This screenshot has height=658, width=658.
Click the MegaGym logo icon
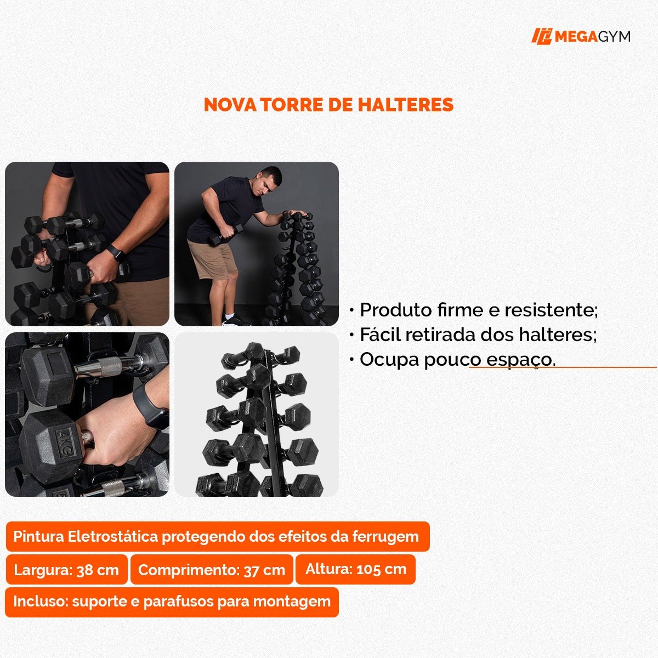tap(541, 36)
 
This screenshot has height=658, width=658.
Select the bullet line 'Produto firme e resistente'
tap(477, 310)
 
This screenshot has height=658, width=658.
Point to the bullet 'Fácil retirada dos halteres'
tap(477, 334)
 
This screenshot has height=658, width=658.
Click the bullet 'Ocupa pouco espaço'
tap(456, 360)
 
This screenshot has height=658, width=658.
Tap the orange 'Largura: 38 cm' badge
tap(66, 570)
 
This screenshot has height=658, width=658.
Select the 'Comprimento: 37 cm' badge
tap(212, 570)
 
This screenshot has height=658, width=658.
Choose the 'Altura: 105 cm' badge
tap(356, 569)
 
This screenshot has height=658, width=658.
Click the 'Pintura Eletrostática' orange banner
tap(217, 536)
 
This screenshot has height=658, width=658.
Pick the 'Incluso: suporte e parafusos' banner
tap(172, 602)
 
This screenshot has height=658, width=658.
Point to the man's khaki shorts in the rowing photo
tap(210, 259)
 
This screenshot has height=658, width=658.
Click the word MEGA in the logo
tap(575, 37)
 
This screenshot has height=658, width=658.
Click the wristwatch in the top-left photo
tap(116, 253)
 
